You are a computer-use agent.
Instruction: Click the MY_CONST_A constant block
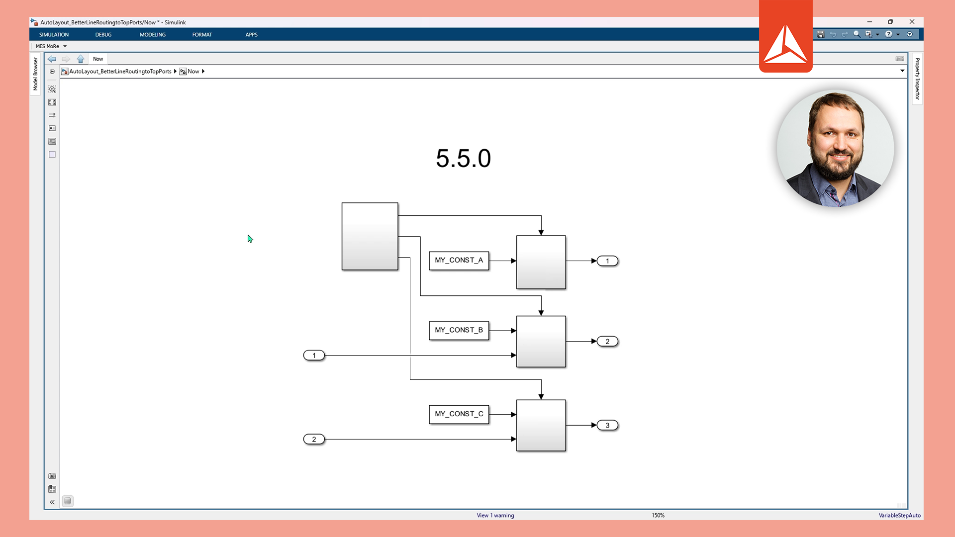coord(459,261)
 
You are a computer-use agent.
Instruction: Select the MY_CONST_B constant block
coord(459,330)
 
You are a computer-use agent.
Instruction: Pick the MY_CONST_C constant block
coord(459,414)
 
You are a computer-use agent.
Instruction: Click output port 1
coord(607,261)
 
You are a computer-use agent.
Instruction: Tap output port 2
coord(607,342)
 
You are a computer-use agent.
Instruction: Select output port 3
coord(607,426)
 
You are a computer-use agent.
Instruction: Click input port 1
coord(314,356)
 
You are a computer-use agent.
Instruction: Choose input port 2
coord(314,440)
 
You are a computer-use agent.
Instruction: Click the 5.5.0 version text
coord(463,159)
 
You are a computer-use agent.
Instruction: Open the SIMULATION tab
coord(54,35)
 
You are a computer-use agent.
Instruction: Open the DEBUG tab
coord(103,35)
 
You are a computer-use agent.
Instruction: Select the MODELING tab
coord(152,35)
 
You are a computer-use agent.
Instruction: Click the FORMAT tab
coord(202,35)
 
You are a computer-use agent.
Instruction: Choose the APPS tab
coord(251,35)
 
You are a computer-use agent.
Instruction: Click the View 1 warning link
coord(495,516)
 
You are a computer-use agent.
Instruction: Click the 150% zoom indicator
coord(658,516)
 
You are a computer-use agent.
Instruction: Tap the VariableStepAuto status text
coord(899,516)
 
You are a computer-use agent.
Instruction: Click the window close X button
coord(912,22)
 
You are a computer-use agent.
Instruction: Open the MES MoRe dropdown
coord(51,46)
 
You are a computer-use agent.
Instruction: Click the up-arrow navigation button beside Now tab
coord(81,59)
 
